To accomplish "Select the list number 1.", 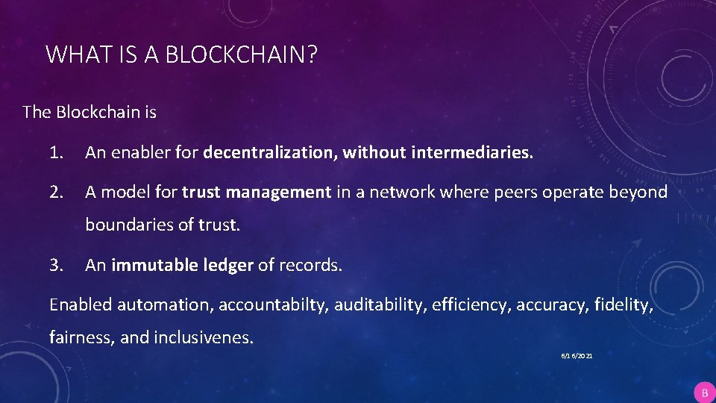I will click(55, 153).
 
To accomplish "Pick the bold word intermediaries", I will click(469, 153).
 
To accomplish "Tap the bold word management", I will click(278, 192).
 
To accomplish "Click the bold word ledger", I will click(228, 265).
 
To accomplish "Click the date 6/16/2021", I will click(577, 357).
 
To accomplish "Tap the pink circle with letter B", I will click(703, 393).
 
